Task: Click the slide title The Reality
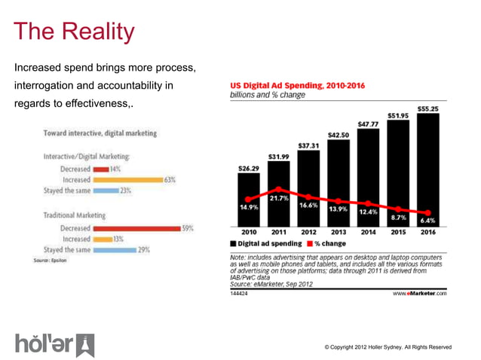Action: [x=74, y=32]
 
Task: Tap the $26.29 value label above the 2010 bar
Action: [x=249, y=168]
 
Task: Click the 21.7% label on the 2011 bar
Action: [x=280, y=197]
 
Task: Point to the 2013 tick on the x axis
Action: [x=339, y=232]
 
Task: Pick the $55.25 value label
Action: [x=427, y=108]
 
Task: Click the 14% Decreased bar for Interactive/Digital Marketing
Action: [x=100, y=169]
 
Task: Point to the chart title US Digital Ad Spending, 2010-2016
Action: [x=297, y=86]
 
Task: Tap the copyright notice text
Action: [x=388, y=347]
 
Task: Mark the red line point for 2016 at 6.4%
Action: [x=427, y=212]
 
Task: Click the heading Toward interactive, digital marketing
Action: [x=100, y=133]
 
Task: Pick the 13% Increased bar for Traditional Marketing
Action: [x=102, y=239]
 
